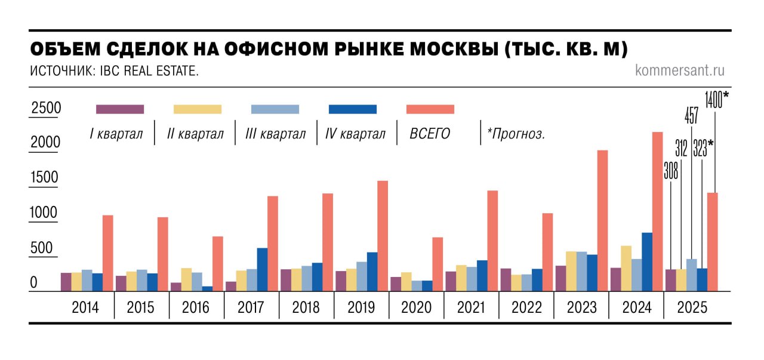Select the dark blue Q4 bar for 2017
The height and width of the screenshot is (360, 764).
click(x=262, y=269)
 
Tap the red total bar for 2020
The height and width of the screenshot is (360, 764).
click(x=438, y=264)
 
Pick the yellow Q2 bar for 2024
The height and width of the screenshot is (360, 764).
click(x=626, y=268)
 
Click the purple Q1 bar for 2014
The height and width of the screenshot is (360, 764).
click(x=66, y=282)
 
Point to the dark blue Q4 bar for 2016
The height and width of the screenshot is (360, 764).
click(x=207, y=288)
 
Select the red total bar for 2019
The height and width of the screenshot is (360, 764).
click(x=383, y=236)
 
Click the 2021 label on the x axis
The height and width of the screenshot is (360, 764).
click(x=472, y=307)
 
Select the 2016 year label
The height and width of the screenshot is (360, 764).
click(x=196, y=307)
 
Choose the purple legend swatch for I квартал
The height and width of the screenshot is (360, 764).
click(x=120, y=109)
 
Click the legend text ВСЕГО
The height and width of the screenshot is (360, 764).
click(x=430, y=134)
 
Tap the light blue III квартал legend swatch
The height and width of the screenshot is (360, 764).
click(x=275, y=109)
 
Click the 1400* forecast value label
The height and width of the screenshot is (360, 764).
click(x=716, y=99)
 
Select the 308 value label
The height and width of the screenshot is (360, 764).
click(x=671, y=171)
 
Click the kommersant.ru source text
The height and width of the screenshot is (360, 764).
click(x=680, y=70)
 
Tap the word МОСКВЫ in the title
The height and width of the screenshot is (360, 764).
click(x=439, y=49)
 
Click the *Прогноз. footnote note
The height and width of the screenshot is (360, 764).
click(x=516, y=134)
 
